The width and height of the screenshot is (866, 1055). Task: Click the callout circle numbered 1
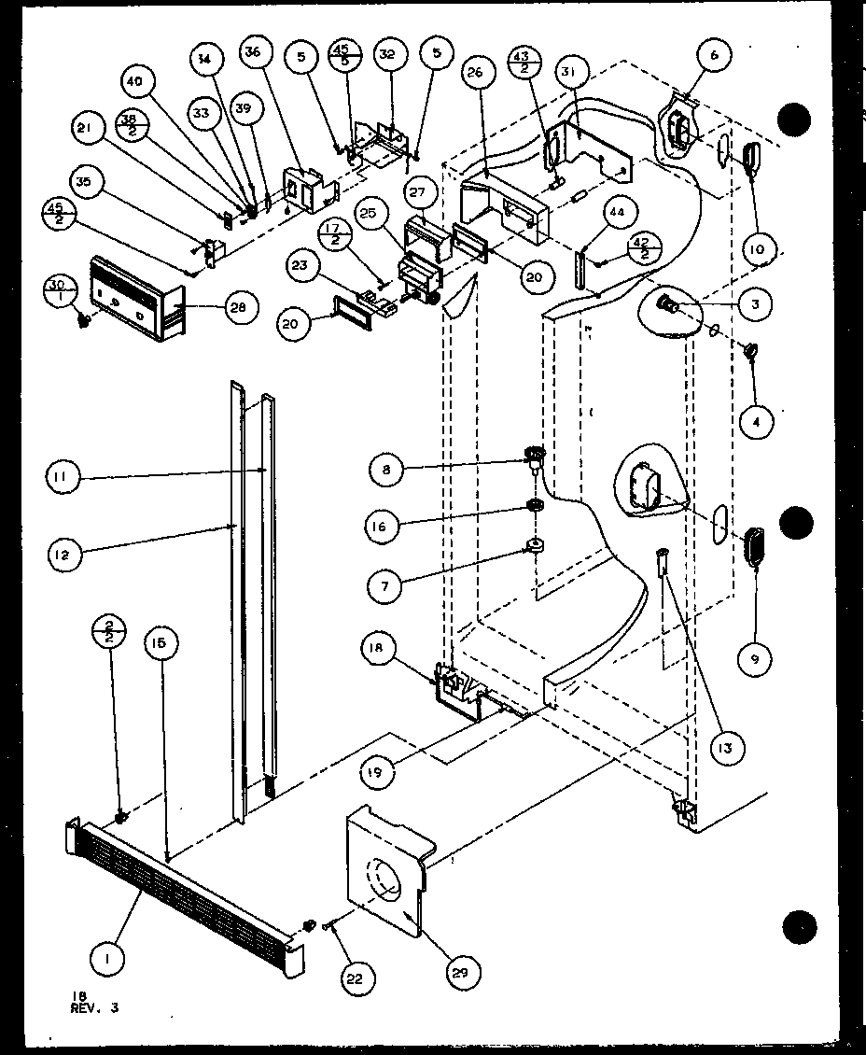(110, 957)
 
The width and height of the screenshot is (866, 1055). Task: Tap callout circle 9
(754, 660)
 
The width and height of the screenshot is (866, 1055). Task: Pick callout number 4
(756, 423)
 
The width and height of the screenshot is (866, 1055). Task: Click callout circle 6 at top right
(714, 57)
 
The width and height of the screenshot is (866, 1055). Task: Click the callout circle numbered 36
(252, 53)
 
